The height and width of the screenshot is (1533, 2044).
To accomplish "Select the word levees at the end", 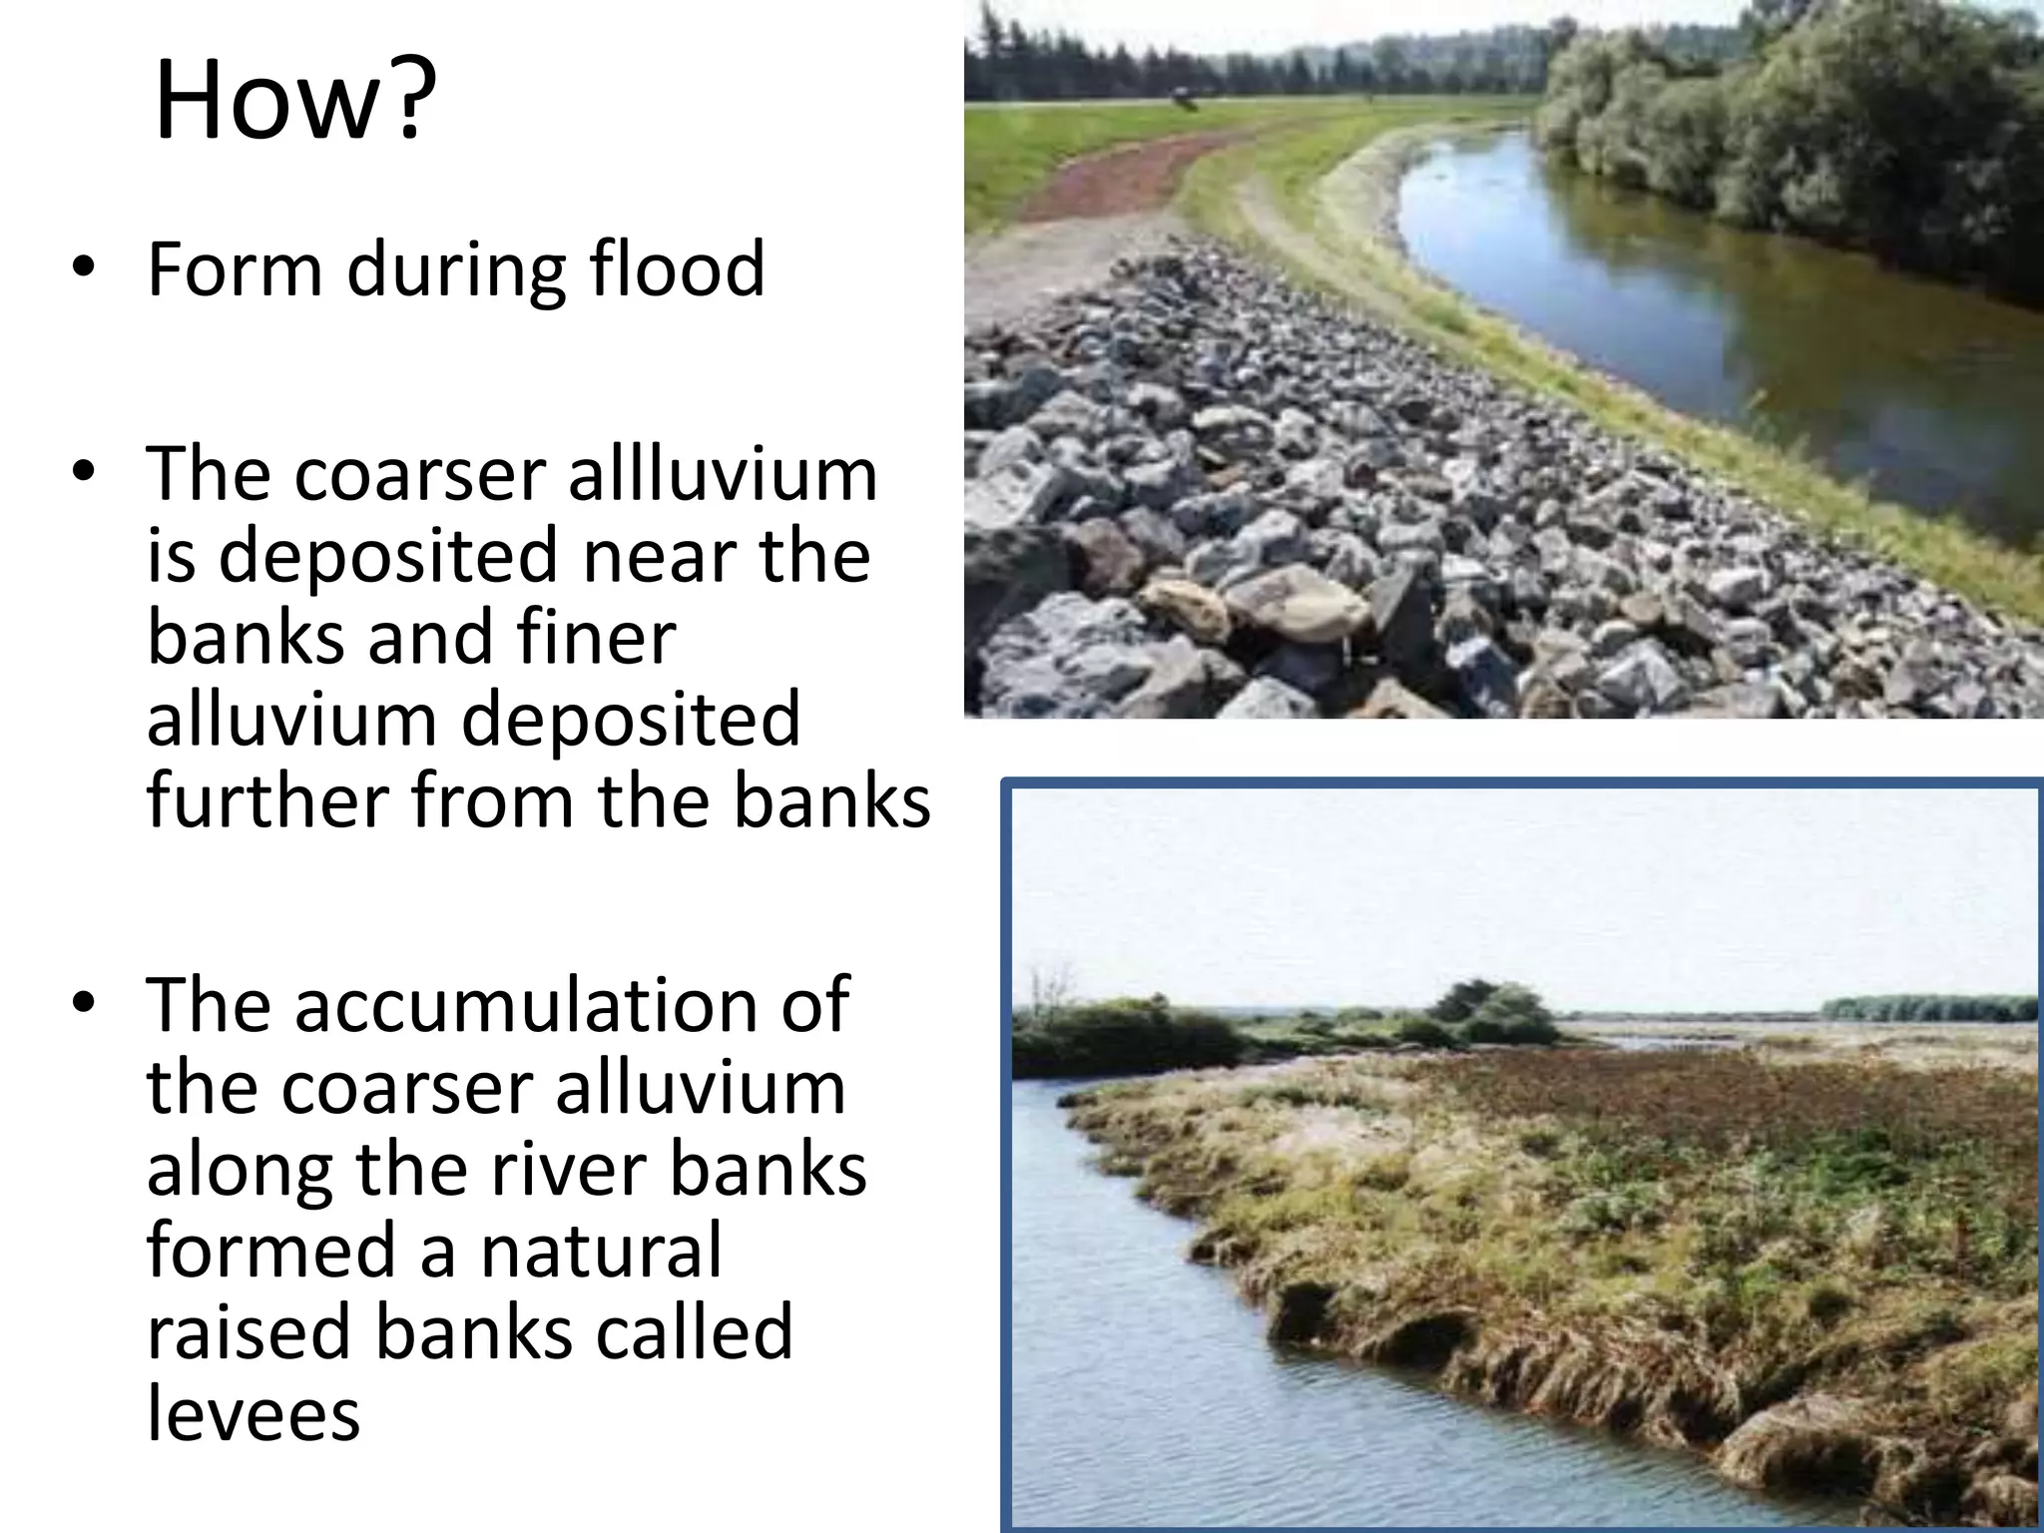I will point(253,1414).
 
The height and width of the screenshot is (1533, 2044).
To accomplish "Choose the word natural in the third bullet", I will point(601,1251).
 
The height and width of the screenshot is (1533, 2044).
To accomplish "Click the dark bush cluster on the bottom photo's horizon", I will point(1497,1013).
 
